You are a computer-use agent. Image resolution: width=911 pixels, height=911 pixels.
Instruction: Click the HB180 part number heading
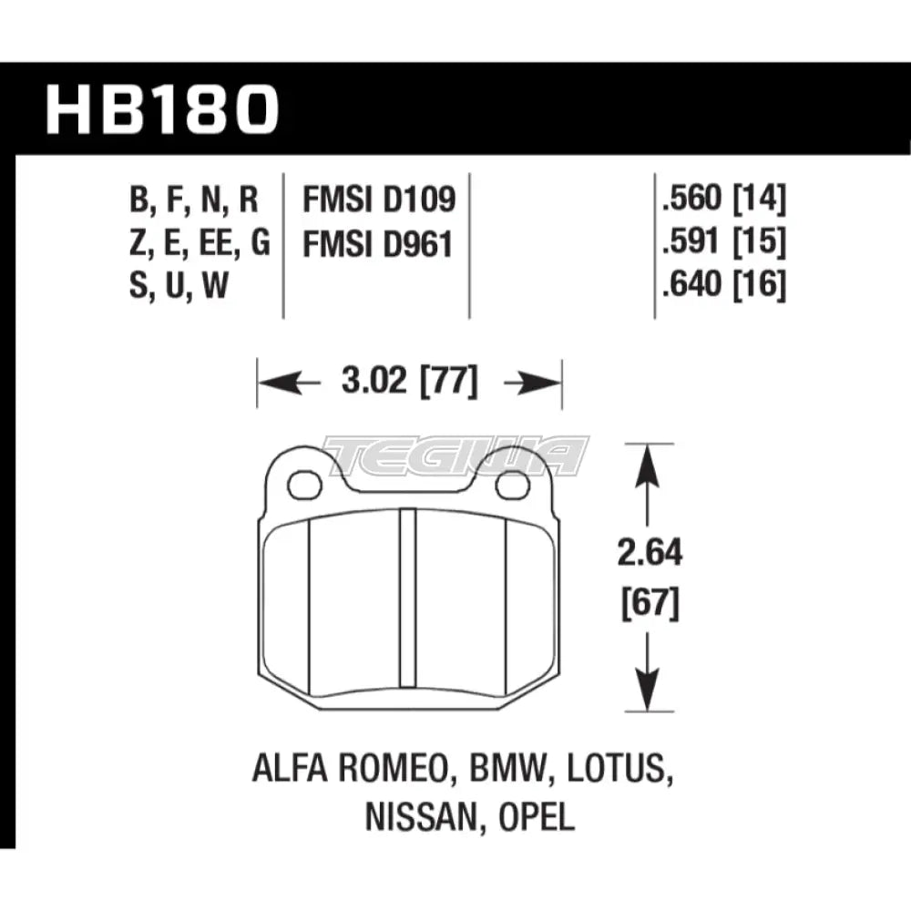pyautogui.click(x=161, y=111)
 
